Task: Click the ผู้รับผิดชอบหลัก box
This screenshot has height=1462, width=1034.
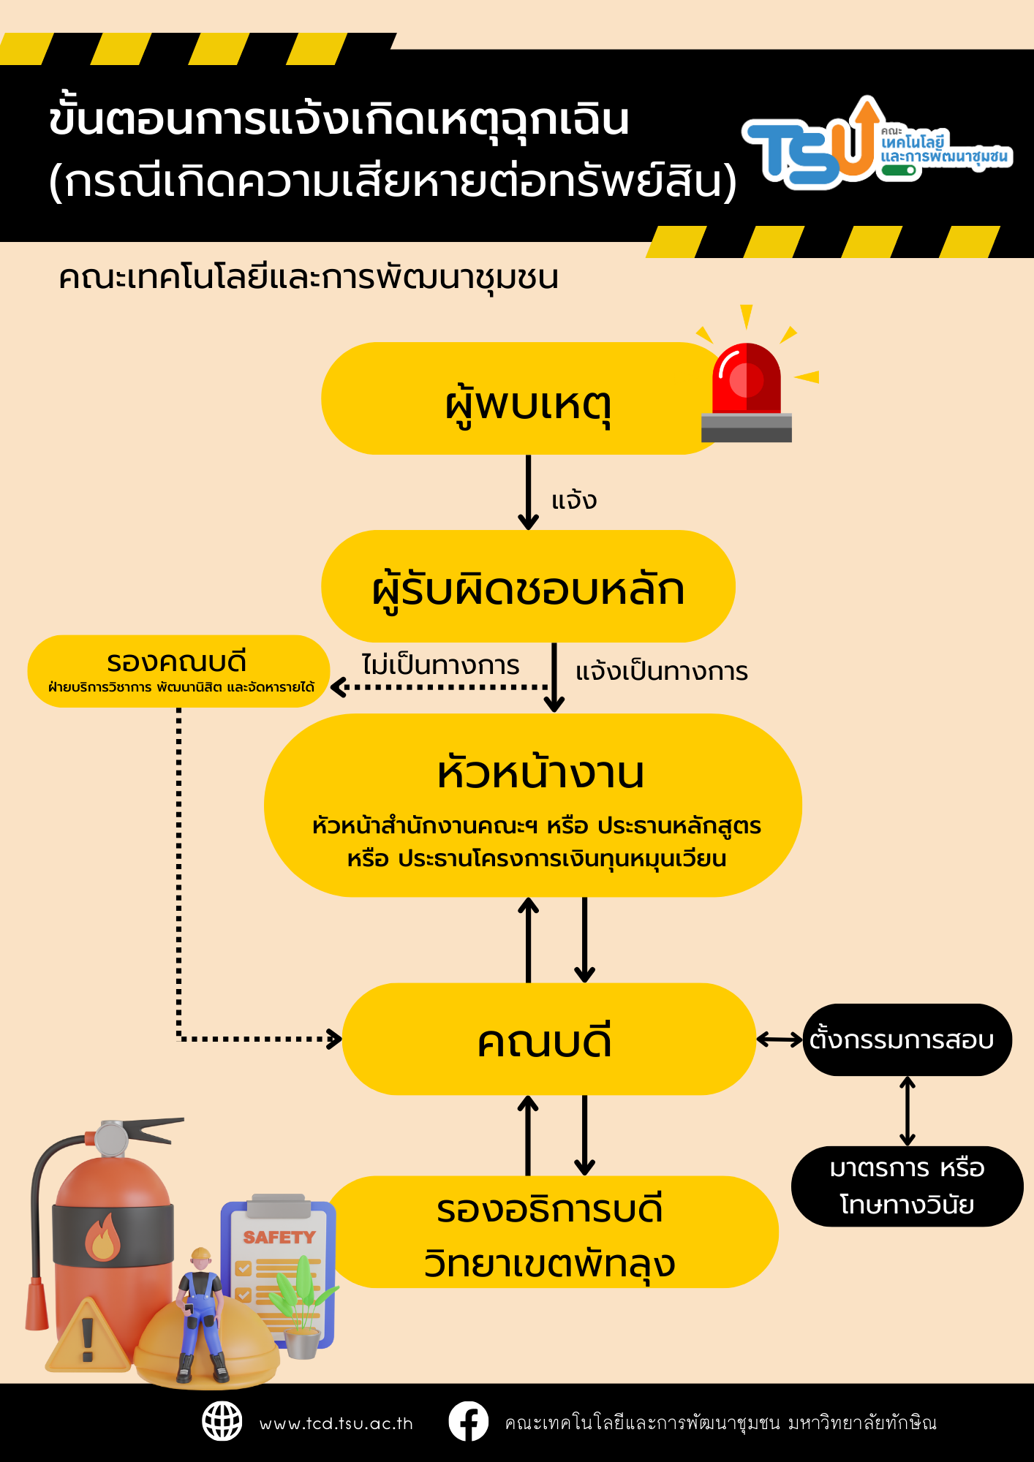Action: tap(528, 587)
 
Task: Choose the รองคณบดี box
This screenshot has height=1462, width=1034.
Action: tap(178, 671)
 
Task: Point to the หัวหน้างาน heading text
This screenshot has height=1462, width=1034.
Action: tap(540, 773)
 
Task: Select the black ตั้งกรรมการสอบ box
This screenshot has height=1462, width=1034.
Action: tap(907, 1039)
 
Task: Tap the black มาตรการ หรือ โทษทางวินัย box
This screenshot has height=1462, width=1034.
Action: tap(907, 1186)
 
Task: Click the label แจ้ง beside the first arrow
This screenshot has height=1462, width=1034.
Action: tap(574, 501)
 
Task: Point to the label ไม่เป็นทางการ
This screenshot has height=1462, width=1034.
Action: tap(440, 665)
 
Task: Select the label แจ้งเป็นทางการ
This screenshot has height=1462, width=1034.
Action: tap(662, 671)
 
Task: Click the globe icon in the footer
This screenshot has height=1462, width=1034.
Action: tap(222, 1422)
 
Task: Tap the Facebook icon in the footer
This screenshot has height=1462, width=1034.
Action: tap(468, 1422)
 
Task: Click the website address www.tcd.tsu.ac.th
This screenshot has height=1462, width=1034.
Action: tap(336, 1423)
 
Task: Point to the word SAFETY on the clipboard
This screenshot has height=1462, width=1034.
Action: tap(279, 1237)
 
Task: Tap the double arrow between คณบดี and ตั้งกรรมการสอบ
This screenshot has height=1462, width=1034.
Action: tap(780, 1039)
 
